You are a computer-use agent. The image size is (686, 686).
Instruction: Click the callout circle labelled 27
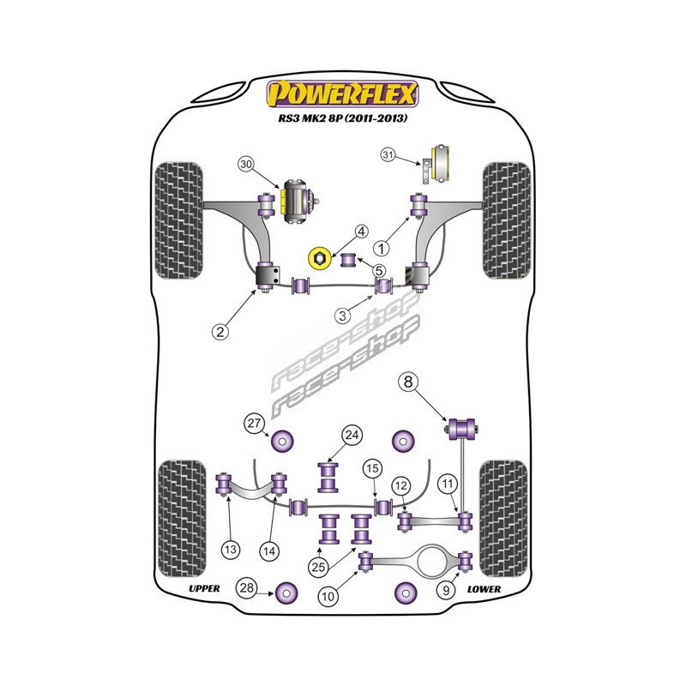click(x=253, y=422)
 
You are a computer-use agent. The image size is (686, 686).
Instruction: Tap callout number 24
click(x=351, y=435)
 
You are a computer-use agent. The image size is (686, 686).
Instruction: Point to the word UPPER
click(x=204, y=589)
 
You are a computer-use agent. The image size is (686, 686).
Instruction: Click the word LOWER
click(x=484, y=589)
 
